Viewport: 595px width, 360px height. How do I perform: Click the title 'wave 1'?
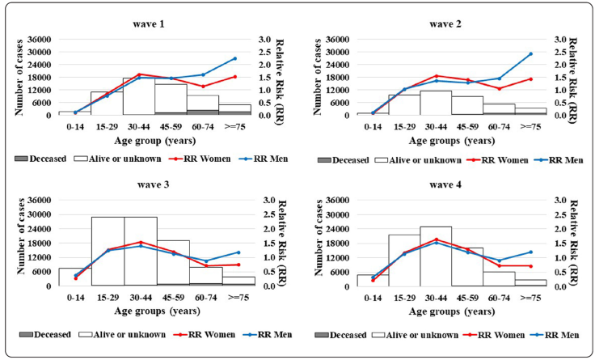coord(150,23)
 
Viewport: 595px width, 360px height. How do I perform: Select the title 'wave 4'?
coord(445,185)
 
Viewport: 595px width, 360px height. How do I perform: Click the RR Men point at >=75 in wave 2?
coord(530,54)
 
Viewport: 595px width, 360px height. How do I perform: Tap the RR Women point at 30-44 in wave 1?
coord(141,74)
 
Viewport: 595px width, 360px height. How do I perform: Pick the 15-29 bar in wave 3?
coord(108,252)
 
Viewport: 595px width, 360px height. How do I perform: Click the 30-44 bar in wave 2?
coord(435,103)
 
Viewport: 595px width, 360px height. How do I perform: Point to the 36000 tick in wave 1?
coord(40,39)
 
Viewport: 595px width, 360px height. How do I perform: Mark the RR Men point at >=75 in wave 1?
coord(234,58)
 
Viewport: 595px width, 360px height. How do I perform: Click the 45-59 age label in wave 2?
coord(467,126)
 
